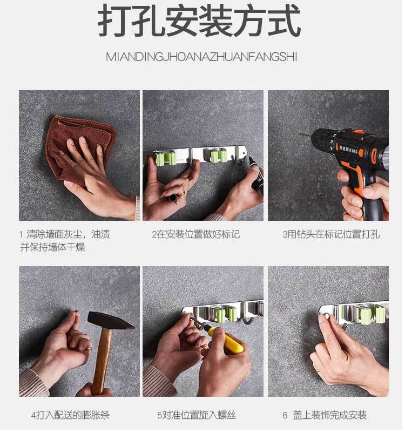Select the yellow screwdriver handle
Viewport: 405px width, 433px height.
226,340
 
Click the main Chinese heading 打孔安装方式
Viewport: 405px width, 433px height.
199,21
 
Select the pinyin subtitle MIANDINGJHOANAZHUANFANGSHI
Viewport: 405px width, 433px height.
201,57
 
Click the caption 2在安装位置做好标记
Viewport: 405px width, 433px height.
195,235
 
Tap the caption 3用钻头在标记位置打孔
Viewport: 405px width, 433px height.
330,235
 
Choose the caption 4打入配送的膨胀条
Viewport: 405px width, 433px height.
70,415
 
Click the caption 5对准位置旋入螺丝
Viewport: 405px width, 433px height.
197,415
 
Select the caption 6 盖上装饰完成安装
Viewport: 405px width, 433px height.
325,415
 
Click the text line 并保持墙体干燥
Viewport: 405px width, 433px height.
52,247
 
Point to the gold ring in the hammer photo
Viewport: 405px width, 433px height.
88,348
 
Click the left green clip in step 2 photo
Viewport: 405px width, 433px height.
166,158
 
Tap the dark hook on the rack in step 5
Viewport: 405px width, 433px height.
247,315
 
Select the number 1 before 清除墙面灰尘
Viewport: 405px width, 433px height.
21,235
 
